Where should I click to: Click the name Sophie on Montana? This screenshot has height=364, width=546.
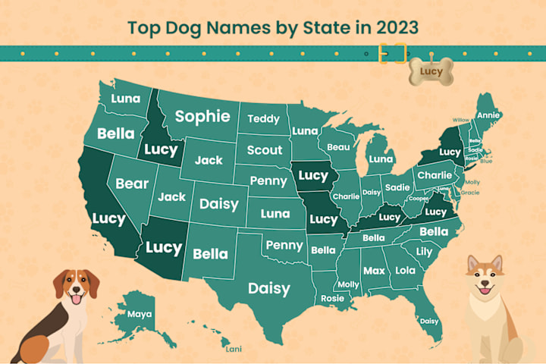tap(202, 116)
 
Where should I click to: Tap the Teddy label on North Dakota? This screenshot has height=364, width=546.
tap(263, 118)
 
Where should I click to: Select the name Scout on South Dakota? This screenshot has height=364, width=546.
tap(265, 149)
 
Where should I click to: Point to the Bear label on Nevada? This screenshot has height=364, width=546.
tap(132, 184)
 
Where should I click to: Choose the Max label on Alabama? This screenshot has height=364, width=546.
tap(373, 270)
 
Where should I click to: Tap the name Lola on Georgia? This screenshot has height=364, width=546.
tap(406, 270)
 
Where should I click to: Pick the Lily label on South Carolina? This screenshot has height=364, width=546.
tap(425, 251)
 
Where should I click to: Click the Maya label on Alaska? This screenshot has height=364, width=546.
tap(140, 313)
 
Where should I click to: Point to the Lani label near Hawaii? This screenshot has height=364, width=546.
tap(235, 350)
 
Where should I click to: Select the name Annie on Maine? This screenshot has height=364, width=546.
tap(488, 115)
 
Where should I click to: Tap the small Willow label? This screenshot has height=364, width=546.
tap(460, 120)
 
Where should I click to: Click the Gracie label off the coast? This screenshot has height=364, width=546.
tap(470, 193)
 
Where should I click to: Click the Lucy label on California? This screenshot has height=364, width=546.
tap(108, 218)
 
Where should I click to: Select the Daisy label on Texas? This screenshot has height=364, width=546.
tap(268, 288)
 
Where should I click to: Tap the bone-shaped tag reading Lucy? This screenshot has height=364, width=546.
tap(430, 71)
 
